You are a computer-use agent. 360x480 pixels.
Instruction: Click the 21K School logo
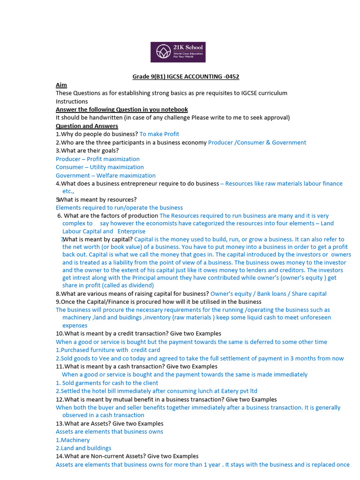pos(178,52)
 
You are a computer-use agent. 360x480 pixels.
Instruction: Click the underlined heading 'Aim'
pos(61,85)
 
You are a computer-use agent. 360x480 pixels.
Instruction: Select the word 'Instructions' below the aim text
pos(72,101)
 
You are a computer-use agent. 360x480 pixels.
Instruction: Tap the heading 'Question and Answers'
pos(87,126)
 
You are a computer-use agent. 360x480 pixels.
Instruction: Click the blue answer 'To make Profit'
pos(159,134)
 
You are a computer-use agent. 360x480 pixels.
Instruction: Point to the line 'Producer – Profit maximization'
pos(97,159)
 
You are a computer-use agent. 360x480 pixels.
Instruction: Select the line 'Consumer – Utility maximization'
pos(100,167)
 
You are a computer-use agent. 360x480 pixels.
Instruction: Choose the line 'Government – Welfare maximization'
pos(105,175)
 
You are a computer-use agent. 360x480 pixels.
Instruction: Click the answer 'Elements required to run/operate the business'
pos(119,208)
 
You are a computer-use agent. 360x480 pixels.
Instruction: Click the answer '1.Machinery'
pos(73,440)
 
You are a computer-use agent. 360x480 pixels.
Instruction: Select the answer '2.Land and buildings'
pos(83,448)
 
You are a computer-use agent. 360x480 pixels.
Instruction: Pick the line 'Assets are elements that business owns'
pos(109,432)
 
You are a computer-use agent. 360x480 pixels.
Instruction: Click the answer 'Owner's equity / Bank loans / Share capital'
pos(269,294)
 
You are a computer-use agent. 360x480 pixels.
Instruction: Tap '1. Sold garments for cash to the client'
pos(107,383)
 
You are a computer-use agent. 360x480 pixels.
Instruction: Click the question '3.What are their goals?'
pos(87,150)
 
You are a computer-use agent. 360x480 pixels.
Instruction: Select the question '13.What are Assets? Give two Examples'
pos(110,424)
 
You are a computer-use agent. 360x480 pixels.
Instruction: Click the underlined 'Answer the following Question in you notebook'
pos(122,110)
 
